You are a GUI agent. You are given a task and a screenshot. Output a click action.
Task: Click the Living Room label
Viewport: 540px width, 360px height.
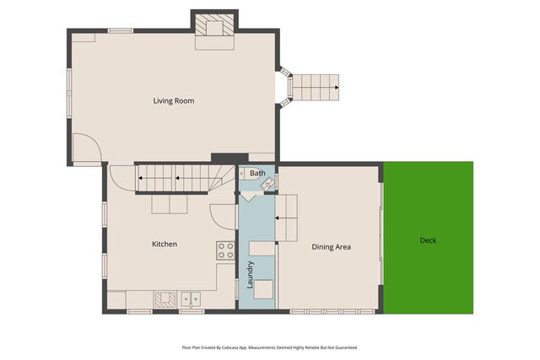pyautogui.click(x=174, y=101)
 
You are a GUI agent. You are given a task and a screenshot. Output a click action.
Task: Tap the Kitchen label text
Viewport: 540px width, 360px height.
pyautogui.click(x=165, y=244)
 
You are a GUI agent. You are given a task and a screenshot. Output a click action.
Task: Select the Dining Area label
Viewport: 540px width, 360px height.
pyautogui.click(x=332, y=247)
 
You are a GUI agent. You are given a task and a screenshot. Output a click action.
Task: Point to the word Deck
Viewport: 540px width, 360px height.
pyautogui.click(x=428, y=240)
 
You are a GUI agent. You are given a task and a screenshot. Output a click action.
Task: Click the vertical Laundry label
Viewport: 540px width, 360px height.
pyautogui.click(x=250, y=274)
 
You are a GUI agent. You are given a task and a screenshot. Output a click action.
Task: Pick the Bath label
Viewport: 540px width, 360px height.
pyautogui.click(x=257, y=173)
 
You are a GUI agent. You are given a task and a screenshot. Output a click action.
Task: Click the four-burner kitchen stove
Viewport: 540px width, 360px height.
pyautogui.click(x=225, y=250)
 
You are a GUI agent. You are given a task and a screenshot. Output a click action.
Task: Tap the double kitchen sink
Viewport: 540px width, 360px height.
pyautogui.click(x=191, y=299)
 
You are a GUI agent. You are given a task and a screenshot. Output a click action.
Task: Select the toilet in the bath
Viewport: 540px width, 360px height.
pyautogui.click(x=245, y=174)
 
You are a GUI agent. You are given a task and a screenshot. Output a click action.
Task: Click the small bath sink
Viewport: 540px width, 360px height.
pyautogui.click(x=268, y=184)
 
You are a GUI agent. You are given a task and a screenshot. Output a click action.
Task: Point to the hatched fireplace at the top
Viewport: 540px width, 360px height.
pyautogui.click(x=215, y=24)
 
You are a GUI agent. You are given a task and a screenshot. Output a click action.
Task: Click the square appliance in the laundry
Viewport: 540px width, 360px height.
pyautogui.click(x=263, y=289)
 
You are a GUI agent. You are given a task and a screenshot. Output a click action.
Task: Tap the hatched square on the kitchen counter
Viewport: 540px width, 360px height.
pyautogui.click(x=165, y=299)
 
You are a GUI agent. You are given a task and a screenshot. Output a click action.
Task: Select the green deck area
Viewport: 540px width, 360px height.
pyautogui.click(x=428, y=238)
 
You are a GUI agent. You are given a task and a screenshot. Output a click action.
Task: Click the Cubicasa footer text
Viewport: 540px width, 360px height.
pyautogui.click(x=270, y=347)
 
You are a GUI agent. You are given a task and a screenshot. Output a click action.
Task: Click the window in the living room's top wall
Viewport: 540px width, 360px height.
pyautogui.click(x=121, y=30)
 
